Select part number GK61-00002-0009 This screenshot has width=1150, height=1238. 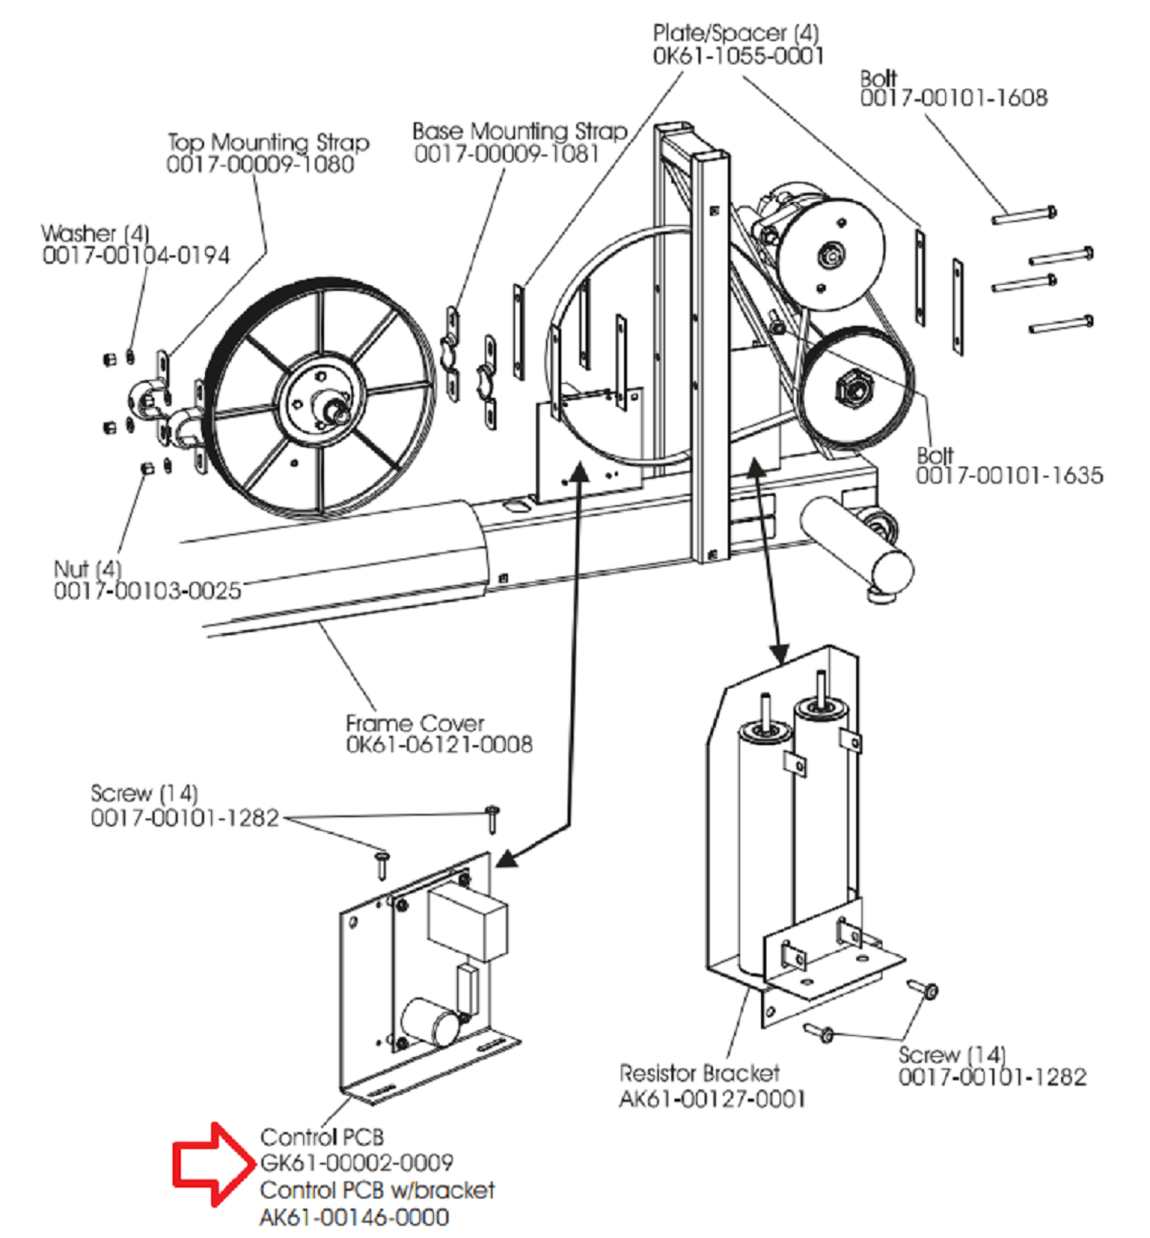[357, 1162]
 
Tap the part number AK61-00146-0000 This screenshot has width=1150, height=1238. [354, 1217]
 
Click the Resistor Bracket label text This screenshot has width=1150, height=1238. [699, 1072]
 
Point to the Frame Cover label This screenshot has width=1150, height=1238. [415, 723]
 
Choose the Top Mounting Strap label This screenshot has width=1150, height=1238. [268, 142]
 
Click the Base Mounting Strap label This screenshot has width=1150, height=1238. [520, 131]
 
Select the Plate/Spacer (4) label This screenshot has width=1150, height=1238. [735, 33]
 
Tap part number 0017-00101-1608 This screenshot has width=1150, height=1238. [954, 97]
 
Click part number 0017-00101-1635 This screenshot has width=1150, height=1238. [1009, 475]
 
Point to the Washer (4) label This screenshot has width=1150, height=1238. [95, 233]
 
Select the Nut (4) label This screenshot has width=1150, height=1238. [87, 569]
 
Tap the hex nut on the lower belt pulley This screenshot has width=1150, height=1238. [853, 387]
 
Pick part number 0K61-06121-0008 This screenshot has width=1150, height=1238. [439, 744]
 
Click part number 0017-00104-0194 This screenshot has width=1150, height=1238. [136, 255]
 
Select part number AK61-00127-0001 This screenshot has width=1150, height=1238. [712, 1099]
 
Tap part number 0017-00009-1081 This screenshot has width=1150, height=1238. [507, 154]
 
